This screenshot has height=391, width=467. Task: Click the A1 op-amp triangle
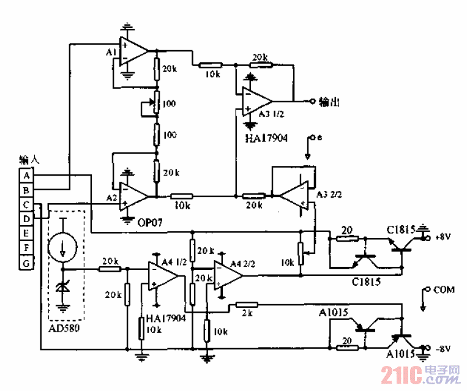click(134, 51)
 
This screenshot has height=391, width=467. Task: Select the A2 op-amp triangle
click(134, 196)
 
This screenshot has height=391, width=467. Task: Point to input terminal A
click(26, 176)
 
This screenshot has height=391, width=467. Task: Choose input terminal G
click(26, 263)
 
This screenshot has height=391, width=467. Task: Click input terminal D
click(26, 219)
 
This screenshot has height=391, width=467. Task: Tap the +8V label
click(443, 236)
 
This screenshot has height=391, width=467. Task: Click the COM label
click(444, 289)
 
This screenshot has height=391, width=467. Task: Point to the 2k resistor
click(247, 304)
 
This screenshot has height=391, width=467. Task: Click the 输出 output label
click(329, 102)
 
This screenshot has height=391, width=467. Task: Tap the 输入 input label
click(29, 160)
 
